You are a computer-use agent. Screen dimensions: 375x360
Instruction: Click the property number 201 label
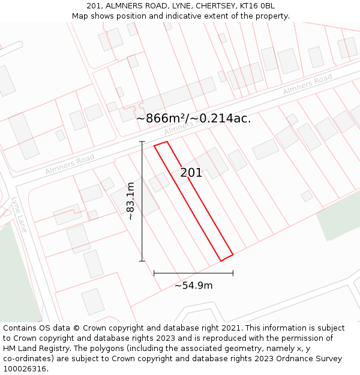pyautogui.click(x=191, y=173)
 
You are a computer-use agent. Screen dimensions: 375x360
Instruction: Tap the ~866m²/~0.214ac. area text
pyautogui.click(x=193, y=118)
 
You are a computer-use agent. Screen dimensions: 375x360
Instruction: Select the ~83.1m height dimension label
pyautogui.click(x=131, y=201)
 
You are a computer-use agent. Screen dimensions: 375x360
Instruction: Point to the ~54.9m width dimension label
pyautogui.click(x=193, y=286)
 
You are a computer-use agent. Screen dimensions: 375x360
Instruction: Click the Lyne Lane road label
pyautogui.click(x=19, y=215)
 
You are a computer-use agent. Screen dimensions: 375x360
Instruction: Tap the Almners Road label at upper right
pyautogui.click(x=307, y=85)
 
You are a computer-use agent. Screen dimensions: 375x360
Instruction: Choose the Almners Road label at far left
pyautogui.click(x=70, y=164)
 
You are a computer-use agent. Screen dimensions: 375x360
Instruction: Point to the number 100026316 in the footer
pyautogui.click(x=23, y=369)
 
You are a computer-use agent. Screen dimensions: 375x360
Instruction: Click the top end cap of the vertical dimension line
pyautogui.click(x=142, y=142)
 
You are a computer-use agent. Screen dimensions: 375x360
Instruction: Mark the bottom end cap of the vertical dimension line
pyautogui.click(x=142, y=261)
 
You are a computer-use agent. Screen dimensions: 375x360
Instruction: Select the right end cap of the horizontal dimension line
pyautogui.click(x=233, y=273)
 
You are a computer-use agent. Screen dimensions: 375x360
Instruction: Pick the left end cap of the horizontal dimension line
pyautogui.click(x=154, y=273)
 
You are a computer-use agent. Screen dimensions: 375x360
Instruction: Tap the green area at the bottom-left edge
pyautogui.click(x=18, y=276)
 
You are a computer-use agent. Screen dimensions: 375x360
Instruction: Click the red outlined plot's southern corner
pyautogui.click(x=221, y=261)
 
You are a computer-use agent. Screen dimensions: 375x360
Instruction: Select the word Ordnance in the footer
pyautogui.click(x=307, y=359)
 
